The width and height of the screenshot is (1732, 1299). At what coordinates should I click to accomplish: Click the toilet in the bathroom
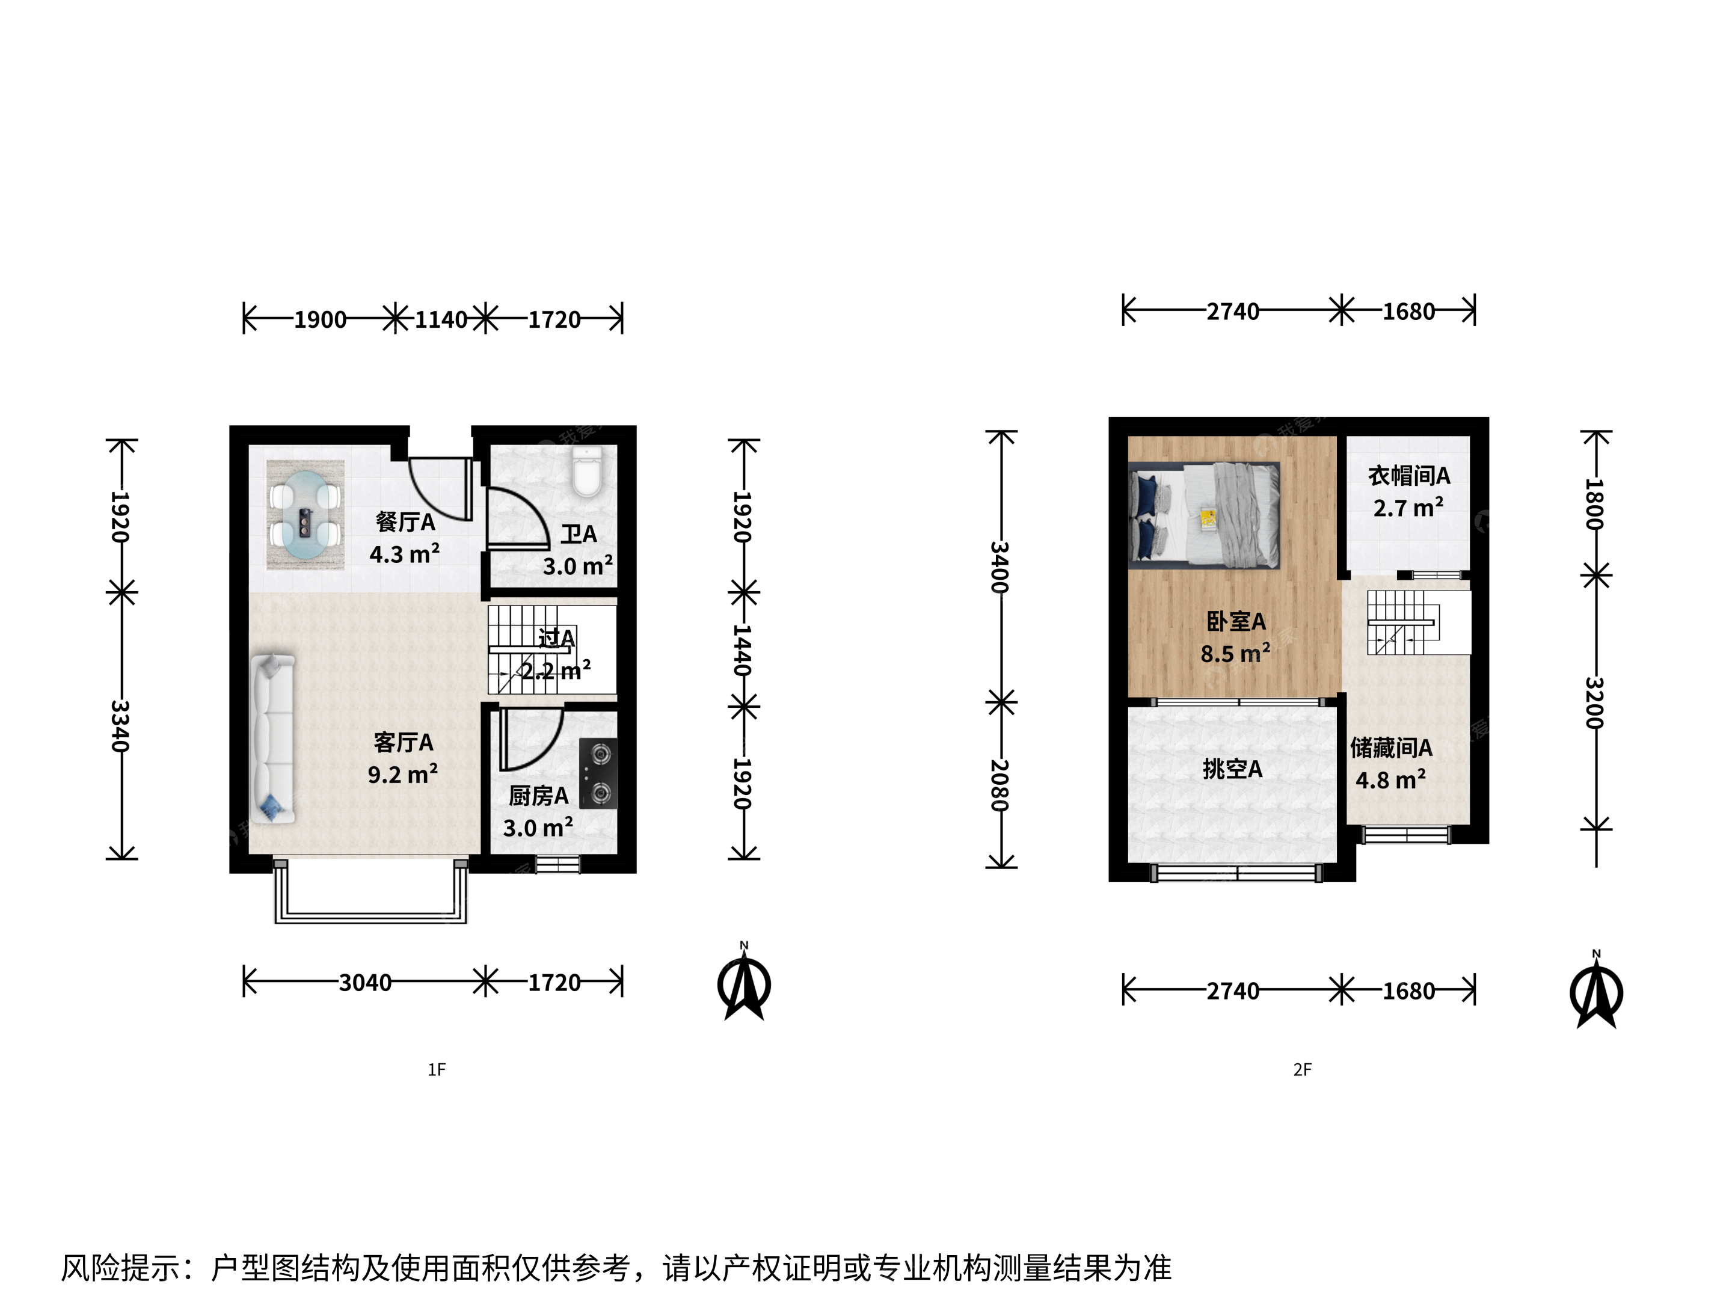pos(587,472)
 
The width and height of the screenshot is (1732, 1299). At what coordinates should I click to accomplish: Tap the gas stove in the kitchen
pos(598,773)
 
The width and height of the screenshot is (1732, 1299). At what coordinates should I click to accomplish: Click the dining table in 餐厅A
pos(306,514)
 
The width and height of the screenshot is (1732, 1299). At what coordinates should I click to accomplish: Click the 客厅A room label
pos(404,742)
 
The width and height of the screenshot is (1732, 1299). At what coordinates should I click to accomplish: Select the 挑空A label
pos(1232,769)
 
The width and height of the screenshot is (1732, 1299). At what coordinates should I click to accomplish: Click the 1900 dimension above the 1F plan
pos(321,319)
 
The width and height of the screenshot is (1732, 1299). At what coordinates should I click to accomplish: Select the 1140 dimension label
pos(441,319)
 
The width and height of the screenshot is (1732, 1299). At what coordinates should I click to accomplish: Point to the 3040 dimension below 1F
pos(365,982)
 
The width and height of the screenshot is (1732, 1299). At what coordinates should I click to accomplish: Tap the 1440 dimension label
pos(742,650)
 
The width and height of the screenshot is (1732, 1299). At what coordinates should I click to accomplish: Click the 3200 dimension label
pos(1594,702)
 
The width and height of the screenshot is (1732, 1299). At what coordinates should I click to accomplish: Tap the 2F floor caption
pos(1302,1070)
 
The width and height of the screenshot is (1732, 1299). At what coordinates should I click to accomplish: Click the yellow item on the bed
pos(1208,518)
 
